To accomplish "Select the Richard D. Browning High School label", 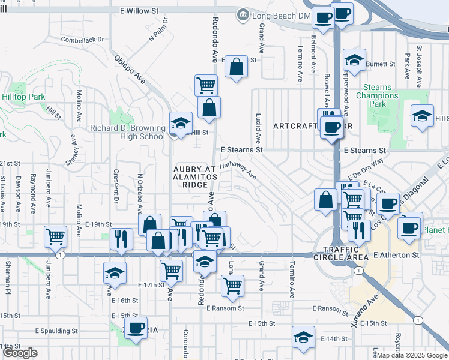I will click(127, 132).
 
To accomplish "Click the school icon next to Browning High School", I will click(180, 124).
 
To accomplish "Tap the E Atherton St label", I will click(395, 255).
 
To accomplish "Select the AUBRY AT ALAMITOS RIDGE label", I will click(191, 177).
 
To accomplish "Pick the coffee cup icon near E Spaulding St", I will click(136, 328).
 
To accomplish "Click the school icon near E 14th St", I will click(303, 337).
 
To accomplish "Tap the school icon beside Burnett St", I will click(354, 60).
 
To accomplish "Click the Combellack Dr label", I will click(83, 40).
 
